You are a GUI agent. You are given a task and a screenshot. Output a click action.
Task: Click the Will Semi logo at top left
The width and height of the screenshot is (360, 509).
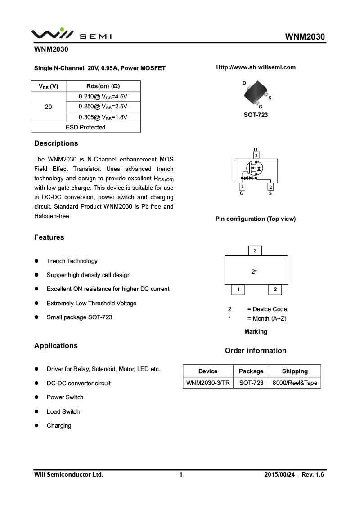click(x=71, y=34)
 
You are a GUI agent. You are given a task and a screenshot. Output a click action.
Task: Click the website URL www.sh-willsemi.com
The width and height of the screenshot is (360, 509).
click(x=256, y=67)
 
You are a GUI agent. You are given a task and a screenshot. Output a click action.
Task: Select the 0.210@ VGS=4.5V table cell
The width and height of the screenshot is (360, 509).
click(x=103, y=96)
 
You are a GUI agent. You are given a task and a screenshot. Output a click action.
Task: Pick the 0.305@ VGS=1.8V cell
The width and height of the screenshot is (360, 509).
click(x=103, y=117)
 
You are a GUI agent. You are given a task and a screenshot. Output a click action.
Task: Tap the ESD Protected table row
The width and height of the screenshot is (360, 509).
click(x=85, y=127)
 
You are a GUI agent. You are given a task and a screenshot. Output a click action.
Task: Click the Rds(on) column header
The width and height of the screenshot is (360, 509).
click(x=103, y=86)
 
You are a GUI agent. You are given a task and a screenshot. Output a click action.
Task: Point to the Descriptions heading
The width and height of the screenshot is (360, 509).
click(x=56, y=143)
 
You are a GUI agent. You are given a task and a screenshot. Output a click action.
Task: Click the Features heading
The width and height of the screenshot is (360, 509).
click(x=49, y=237)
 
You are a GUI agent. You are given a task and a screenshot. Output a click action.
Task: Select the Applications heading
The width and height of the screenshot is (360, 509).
click(x=56, y=346)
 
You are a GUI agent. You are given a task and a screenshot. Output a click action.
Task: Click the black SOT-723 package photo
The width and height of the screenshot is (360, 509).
click(x=256, y=94)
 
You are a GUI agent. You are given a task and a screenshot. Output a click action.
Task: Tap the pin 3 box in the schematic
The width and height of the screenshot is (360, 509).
click(x=256, y=156)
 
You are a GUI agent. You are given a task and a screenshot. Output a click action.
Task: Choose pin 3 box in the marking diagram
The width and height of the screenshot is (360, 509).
click(x=255, y=250)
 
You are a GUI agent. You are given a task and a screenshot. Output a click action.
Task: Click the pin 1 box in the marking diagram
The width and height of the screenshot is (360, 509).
click(x=238, y=290)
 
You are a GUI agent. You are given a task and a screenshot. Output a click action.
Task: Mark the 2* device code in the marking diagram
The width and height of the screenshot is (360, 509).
click(x=254, y=272)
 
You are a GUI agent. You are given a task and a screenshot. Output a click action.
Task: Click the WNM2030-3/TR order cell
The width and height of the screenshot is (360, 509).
click(x=208, y=383)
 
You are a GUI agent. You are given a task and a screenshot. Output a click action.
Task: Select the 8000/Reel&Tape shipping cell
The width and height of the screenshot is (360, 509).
click(x=295, y=383)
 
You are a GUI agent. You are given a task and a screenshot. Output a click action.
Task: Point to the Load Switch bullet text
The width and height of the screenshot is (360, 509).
click(x=63, y=411)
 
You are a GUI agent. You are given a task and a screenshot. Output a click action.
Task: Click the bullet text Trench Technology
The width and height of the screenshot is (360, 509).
click(x=72, y=261)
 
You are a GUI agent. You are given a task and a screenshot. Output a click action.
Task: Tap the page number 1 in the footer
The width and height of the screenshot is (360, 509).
click(x=181, y=474)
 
